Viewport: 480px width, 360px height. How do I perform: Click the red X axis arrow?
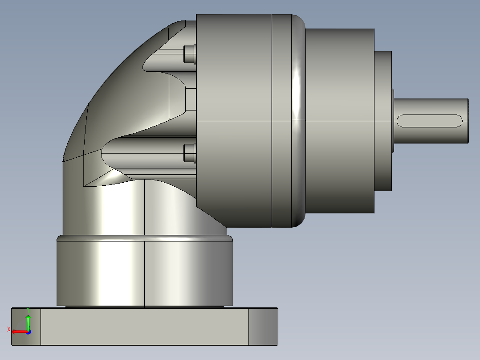18,331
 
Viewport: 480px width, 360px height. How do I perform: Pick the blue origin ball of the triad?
28,331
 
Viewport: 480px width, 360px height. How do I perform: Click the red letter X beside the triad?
9,330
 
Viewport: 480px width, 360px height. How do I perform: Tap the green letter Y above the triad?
28,309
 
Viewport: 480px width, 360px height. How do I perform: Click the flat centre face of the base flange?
145,326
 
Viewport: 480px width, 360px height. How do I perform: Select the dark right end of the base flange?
263,326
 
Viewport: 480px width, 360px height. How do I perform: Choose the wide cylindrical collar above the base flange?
145,272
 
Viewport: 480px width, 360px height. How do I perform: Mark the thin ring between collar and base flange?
145,307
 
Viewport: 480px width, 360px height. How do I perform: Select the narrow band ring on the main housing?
282,120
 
